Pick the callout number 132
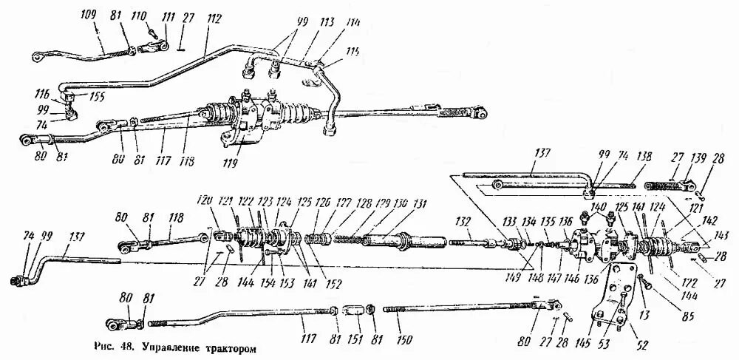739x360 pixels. [463, 221]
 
